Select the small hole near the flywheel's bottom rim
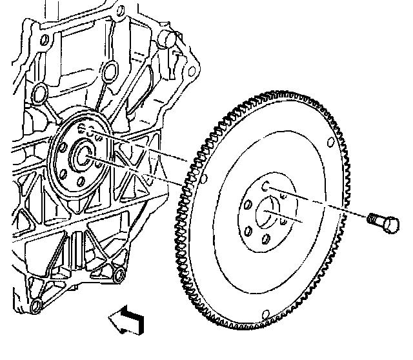click(x=264, y=316)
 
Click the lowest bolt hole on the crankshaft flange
click(x=80, y=183)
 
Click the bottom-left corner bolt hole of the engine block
click(x=37, y=303)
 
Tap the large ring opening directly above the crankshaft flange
click(x=110, y=68)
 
